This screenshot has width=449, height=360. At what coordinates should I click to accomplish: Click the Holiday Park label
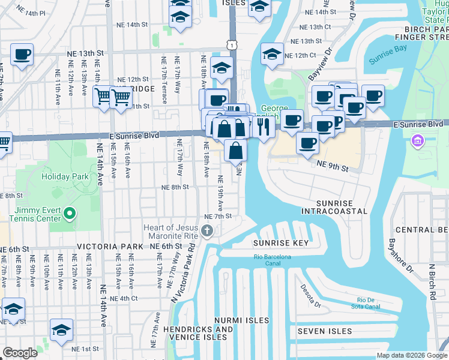pos(65,177)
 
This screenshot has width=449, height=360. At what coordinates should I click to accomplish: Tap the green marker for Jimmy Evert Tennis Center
pos(70,213)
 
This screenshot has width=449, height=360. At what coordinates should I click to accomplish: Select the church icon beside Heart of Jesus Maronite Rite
pos(207,231)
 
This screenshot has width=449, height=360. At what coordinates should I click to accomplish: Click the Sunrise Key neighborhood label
pos(280,243)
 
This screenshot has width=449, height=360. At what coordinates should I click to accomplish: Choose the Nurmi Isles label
pos(243,320)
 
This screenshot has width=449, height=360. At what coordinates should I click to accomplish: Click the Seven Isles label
pos(325,331)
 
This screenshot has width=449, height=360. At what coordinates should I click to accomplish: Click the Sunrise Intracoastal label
pos(334,208)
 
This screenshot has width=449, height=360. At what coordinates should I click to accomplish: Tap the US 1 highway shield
pos(232,45)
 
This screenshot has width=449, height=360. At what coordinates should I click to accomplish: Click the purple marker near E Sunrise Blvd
pos(416,142)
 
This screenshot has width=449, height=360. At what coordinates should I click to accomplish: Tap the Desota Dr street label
pos(311,296)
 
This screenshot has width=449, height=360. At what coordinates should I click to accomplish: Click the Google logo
pos(20,353)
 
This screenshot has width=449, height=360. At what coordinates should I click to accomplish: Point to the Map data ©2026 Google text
pos(411,355)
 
